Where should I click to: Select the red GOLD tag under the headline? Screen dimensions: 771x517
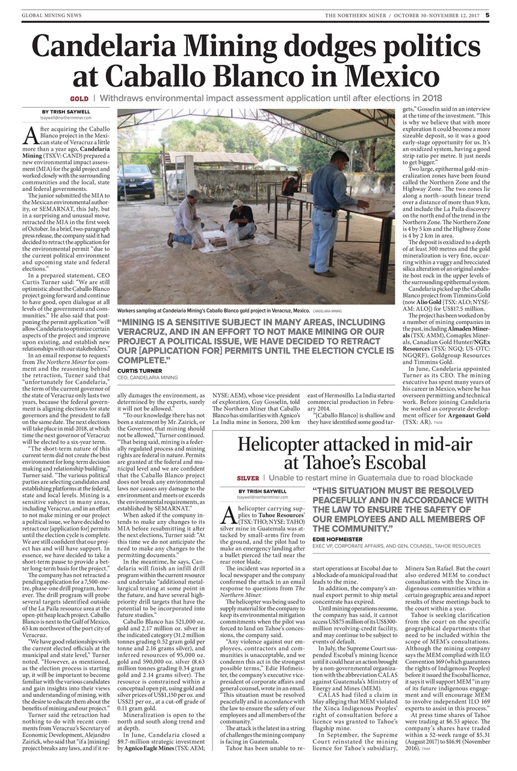(x=79, y=98)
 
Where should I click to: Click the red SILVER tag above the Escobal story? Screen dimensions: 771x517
(x=248, y=478)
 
